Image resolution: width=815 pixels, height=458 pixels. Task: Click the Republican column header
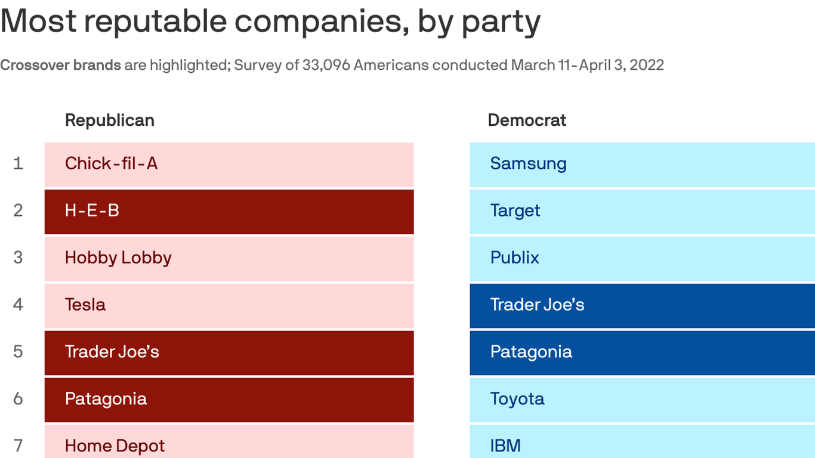pos(109,120)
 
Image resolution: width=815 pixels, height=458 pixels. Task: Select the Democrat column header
pos(527,120)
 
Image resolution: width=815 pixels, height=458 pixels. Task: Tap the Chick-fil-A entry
pos(111,163)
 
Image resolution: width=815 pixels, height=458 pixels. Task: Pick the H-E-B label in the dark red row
pos(92,211)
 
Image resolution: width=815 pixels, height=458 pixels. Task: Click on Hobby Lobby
pos(118,258)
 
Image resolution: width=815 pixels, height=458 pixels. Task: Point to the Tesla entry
pos(85,305)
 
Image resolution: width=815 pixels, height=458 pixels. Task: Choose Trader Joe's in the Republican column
pos(112,352)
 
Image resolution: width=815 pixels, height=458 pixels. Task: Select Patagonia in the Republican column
pos(106,399)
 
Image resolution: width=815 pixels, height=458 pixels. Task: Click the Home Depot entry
pos(115,445)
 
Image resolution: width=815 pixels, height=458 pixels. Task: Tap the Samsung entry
pos(528,163)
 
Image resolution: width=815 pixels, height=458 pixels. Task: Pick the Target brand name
pos(515,211)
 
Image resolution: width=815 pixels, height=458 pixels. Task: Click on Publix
pos(514,258)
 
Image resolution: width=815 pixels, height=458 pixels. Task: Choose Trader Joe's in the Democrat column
pos(537,305)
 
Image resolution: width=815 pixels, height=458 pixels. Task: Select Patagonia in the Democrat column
pos(531,352)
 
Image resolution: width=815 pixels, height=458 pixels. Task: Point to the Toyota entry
pos(517,399)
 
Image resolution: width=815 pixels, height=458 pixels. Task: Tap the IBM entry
pos(505,445)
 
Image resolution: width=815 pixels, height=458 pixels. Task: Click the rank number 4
pos(18,305)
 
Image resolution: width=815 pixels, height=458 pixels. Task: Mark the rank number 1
pos(18,163)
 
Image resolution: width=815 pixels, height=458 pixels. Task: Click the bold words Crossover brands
pos(60,65)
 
